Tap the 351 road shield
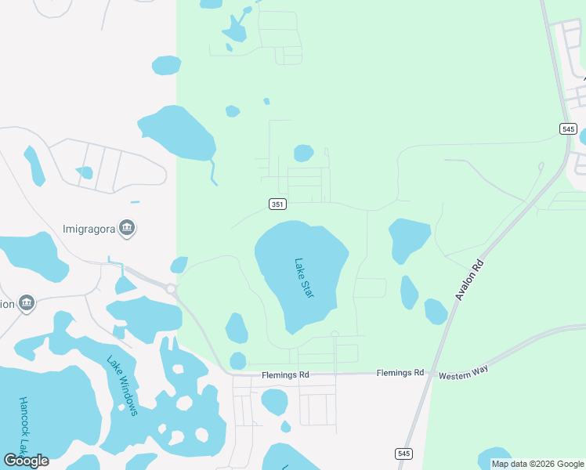click(277, 204)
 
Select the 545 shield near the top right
click(569, 128)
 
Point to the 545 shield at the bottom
click(403, 454)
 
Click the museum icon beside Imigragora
click(128, 228)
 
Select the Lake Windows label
click(124, 385)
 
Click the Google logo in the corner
click(26, 460)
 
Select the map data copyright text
click(537, 464)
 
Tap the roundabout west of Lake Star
click(171, 288)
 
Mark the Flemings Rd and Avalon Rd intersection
click(431, 374)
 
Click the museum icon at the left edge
click(26, 302)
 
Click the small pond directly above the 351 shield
click(303, 153)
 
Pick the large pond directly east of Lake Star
click(409, 238)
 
